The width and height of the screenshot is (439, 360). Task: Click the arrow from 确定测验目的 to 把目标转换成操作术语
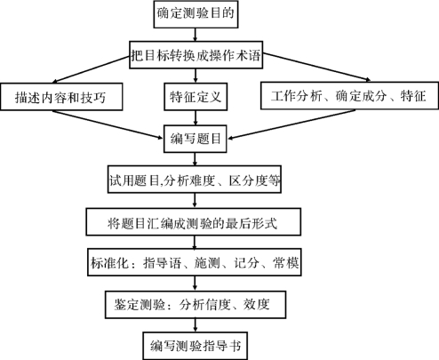click(x=195, y=35)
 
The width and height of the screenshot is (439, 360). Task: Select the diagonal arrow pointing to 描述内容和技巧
click(x=91, y=69)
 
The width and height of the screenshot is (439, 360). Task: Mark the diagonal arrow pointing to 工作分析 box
click(x=316, y=67)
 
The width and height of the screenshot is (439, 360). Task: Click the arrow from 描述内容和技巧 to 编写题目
click(x=108, y=124)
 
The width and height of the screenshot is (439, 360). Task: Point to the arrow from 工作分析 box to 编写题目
click(x=291, y=124)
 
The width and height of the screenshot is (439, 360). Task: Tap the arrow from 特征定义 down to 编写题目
click(x=196, y=117)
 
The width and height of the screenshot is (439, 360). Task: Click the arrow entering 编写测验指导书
click(x=195, y=325)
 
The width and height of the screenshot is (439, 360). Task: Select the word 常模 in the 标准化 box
click(x=285, y=263)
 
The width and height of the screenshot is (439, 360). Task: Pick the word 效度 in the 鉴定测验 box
click(x=257, y=305)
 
